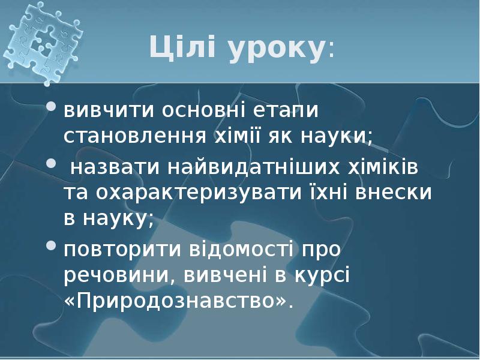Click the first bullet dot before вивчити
[52, 109]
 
